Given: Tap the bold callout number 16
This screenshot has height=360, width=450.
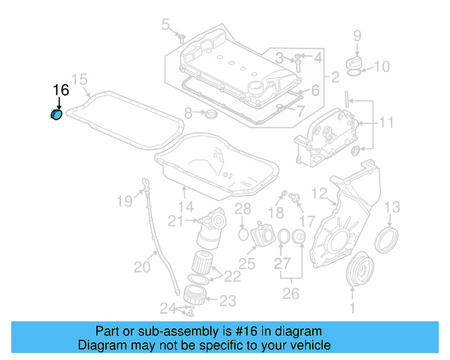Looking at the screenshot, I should (x=61, y=89).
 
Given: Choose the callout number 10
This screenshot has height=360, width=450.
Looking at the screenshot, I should (x=380, y=67).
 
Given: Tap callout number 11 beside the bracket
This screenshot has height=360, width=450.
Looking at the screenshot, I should (x=386, y=124).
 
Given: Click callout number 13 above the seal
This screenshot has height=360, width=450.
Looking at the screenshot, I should (x=392, y=207).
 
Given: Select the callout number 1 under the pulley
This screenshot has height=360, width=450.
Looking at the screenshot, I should (x=353, y=307).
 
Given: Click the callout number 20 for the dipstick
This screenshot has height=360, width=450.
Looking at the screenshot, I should (x=143, y=266).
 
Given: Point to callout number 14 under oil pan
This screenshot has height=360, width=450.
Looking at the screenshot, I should (x=185, y=207).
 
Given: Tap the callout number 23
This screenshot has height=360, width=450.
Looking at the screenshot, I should (x=227, y=302).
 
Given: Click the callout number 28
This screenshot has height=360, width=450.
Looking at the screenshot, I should (x=243, y=208).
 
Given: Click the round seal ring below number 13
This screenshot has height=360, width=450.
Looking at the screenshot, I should (x=387, y=239).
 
